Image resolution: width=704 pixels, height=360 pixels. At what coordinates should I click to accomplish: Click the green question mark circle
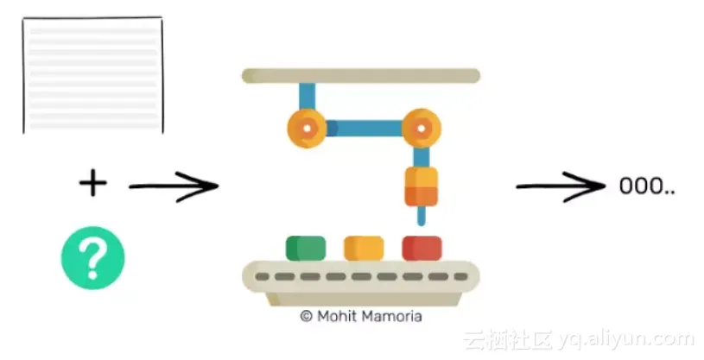coord(92,257)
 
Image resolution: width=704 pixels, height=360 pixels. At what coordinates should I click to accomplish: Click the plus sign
coord(92,183)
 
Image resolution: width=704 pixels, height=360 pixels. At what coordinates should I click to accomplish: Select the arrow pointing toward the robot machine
coord(173,186)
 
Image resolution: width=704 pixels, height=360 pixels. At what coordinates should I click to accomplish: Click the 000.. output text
coord(646,186)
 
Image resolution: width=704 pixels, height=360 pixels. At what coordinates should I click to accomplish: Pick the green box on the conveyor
coord(306,248)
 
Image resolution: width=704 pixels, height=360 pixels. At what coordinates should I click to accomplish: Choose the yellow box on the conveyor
coord(364,248)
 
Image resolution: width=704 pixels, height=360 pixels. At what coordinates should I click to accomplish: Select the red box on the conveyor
coord(422,248)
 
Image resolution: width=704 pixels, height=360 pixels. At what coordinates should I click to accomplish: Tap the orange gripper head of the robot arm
coord(422,186)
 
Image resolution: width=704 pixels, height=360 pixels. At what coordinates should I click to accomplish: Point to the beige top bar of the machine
coord(360,76)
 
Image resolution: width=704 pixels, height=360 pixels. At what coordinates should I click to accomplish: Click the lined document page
coord(92,76)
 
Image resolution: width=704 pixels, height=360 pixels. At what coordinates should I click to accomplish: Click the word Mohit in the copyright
coord(335,317)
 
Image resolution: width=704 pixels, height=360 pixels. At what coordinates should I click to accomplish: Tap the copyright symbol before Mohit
coord(306,317)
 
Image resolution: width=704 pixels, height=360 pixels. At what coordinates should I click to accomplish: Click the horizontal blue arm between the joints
coord(364,129)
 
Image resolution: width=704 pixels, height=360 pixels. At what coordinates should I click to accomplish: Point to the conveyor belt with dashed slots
coord(360,277)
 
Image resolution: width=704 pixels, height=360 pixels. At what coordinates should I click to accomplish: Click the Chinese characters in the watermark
coord(508,339)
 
